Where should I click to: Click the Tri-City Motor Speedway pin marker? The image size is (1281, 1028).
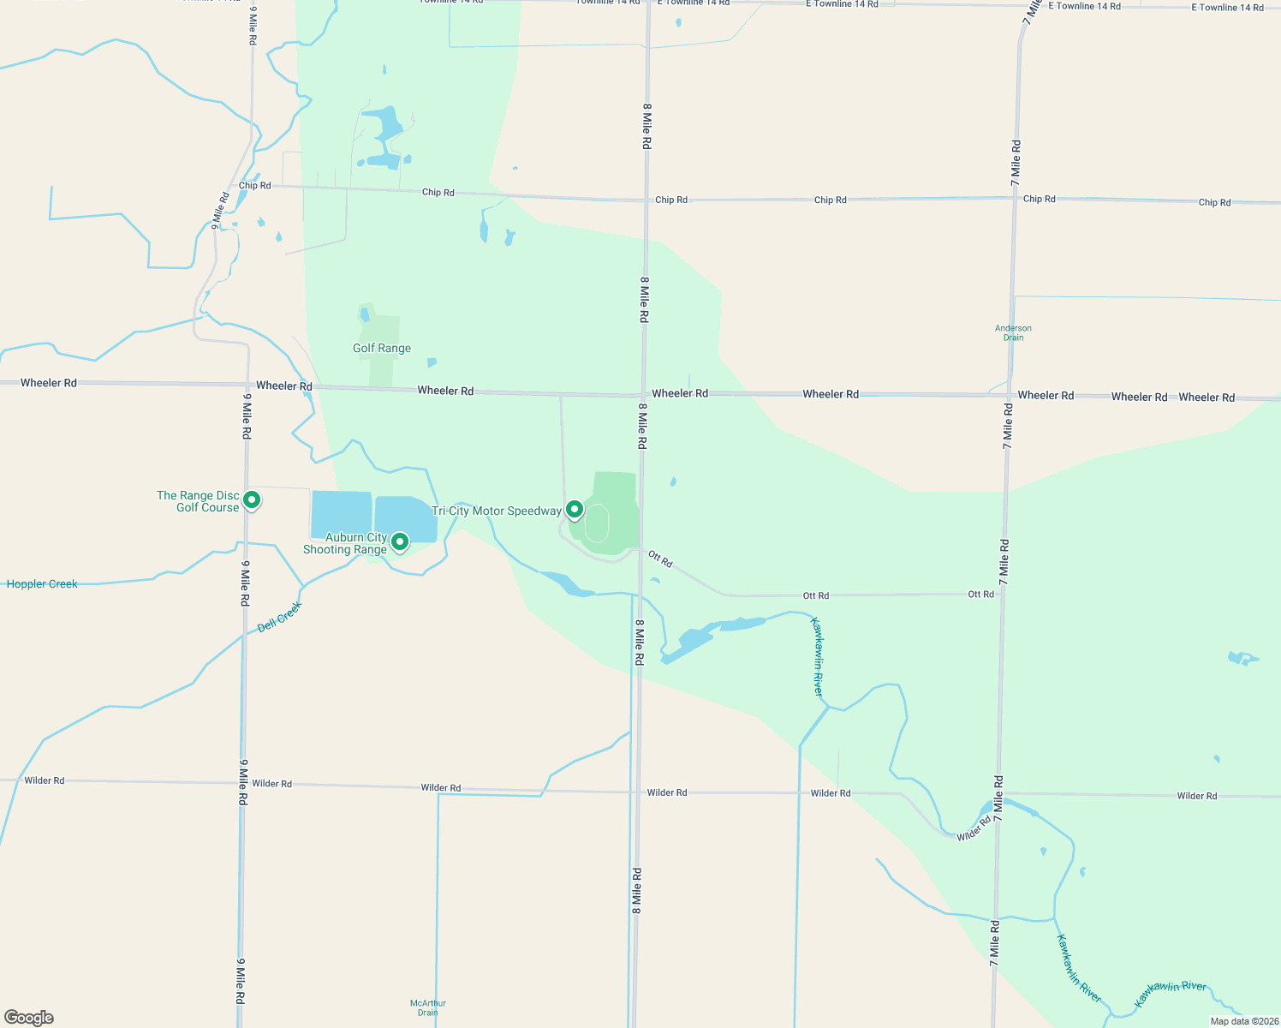point(575,511)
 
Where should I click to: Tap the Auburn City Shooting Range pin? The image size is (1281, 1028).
point(399,541)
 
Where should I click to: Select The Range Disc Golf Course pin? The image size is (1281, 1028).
point(252,499)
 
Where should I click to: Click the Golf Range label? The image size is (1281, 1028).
point(382,348)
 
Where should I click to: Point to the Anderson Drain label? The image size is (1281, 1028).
point(1013,332)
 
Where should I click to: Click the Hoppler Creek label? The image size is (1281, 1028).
point(42,584)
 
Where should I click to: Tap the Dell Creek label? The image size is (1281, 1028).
point(280,617)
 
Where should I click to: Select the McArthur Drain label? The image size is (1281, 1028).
point(428,1007)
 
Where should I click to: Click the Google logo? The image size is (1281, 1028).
point(29,1017)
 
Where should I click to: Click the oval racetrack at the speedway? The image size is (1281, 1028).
point(597,523)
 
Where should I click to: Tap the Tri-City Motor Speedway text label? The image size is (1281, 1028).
point(497,511)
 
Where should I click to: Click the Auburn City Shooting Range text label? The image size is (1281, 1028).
point(346,543)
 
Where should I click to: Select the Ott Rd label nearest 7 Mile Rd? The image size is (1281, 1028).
point(981,594)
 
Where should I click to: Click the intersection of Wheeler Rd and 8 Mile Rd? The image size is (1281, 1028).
point(644,395)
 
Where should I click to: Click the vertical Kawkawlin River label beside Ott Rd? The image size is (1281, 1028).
point(817,656)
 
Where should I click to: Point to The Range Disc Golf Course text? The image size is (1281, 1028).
point(199,501)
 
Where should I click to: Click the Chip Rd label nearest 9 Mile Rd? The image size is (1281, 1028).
point(254,185)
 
